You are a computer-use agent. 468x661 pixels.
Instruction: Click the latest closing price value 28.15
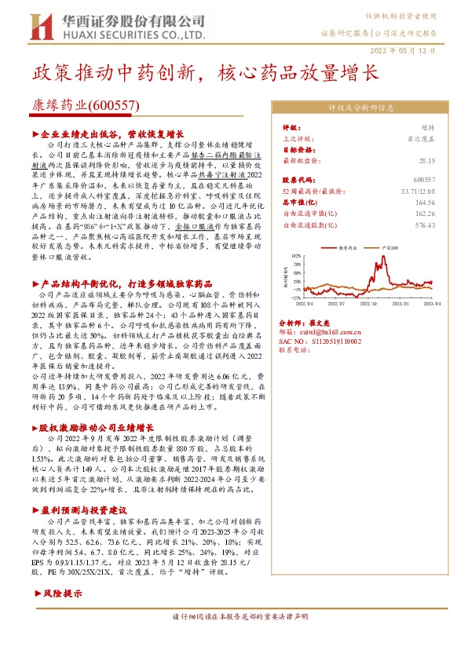tap(426, 159)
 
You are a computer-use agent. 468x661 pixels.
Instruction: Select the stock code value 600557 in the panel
tap(424, 180)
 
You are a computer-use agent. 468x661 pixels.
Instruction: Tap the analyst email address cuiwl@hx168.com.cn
tap(335, 333)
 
